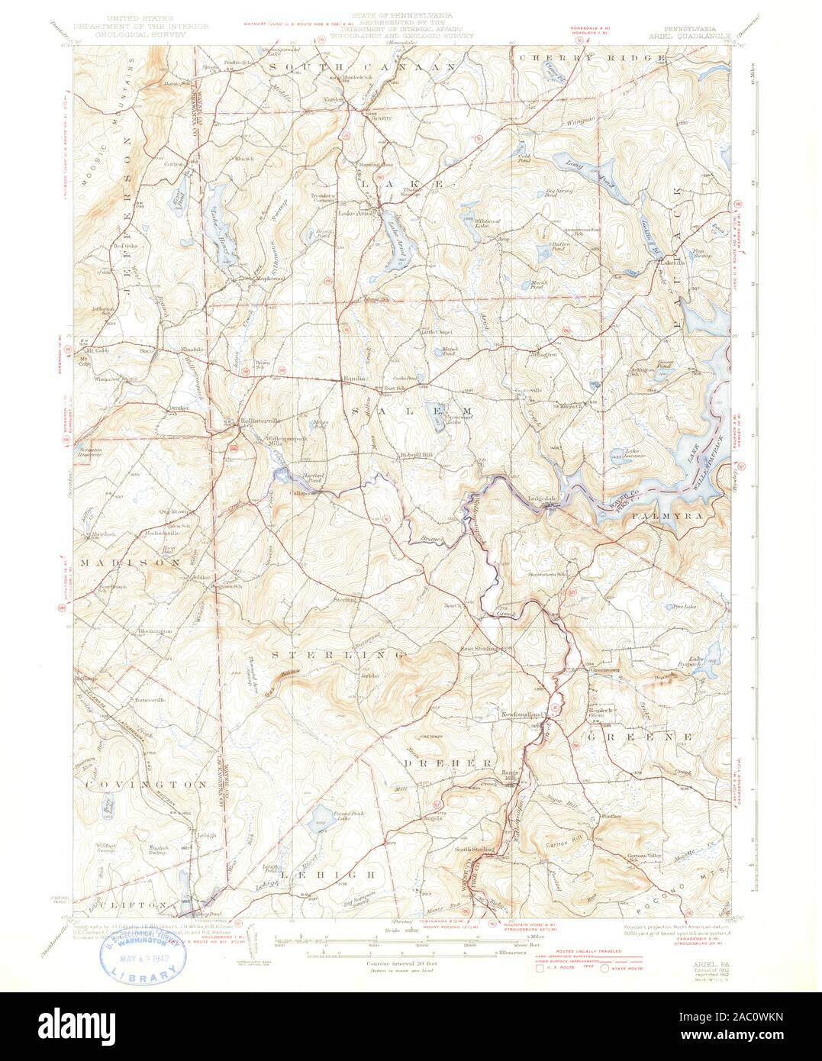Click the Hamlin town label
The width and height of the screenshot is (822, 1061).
(352, 379)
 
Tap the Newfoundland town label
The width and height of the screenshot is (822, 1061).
(526, 713)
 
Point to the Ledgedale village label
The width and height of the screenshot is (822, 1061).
(543, 499)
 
